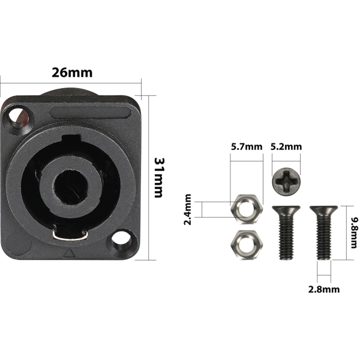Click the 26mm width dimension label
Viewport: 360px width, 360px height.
72,73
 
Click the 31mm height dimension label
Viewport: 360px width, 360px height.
158,178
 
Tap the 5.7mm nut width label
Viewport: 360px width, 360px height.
247,146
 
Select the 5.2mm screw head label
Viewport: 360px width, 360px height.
286,146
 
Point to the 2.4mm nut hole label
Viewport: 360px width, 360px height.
188,209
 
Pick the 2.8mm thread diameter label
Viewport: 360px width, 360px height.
324,289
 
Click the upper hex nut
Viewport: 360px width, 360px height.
247,209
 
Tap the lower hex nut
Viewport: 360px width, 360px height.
247,245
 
